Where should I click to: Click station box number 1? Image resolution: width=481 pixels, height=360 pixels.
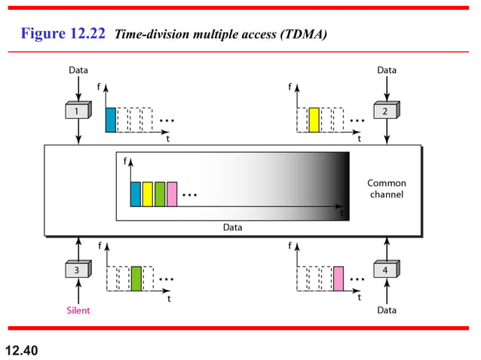[78, 111]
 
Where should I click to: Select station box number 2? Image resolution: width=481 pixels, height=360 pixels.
[385, 111]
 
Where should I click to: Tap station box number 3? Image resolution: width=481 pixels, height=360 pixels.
[78, 270]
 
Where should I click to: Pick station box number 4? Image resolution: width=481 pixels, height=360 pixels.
[385, 270]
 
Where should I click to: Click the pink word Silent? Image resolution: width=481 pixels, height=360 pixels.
[78, 310]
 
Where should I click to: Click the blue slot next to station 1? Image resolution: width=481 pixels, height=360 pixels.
[111, 121]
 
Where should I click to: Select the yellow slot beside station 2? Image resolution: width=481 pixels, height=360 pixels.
[314, 121]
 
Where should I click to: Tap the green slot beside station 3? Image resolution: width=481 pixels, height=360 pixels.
[136, 279]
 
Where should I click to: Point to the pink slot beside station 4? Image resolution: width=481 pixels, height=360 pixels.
[339, 279]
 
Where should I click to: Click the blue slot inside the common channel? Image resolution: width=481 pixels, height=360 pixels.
[136, 194]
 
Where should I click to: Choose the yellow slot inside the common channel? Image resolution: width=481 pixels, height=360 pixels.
[148, 194]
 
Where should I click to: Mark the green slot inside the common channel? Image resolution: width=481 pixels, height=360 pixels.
[160, 194]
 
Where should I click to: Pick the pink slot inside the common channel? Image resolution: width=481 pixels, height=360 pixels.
[172, 194]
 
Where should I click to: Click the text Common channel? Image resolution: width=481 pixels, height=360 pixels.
[386, 189]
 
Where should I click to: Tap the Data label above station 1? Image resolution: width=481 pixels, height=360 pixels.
[78, 70]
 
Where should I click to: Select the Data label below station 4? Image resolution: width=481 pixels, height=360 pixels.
[386, 310]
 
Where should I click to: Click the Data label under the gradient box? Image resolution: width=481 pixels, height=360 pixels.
[233, 227]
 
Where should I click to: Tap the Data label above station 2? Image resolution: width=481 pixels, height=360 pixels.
[386, 70]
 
